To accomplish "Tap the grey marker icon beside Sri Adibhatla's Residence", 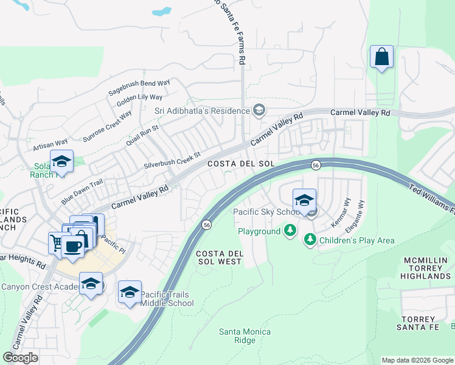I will pyautogui.click(x=259, y=110).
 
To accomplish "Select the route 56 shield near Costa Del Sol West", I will pyautogui.click(x=207, y=224).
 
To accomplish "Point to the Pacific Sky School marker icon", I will pyautogui.click(x=304, y=200).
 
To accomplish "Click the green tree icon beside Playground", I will pyautogui.click(x=290, y=231).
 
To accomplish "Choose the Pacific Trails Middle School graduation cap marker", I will pyautogui.click(x=130, y=293).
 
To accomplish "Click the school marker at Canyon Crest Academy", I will pyautogui.click(x=91, y=285).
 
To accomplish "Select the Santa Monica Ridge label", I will pyautogui.click(x=245, y=336).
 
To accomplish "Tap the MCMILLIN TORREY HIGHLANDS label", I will pyautogui.click(x=426, y=268).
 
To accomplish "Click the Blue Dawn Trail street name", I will pyautogui.click(x=82, y=192).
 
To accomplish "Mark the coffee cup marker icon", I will pyautogui.click(x=72, y=246).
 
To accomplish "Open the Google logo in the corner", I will pyautogui.click(x=20, y=358).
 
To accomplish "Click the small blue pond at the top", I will pyautogui.click(x=162, y=11).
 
